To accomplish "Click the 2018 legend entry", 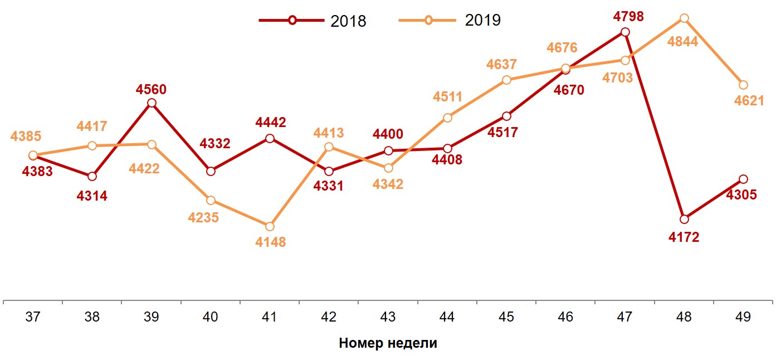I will (313, 21).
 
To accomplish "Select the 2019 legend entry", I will (450, 21).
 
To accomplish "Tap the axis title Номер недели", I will (388, 343).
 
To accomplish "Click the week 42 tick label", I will (329, 317).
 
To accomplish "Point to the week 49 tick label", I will (743, 317).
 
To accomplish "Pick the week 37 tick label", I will (33, 317).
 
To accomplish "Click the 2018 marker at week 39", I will (152, 103).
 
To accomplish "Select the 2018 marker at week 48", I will (684, 219).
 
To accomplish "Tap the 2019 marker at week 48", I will (684, 18).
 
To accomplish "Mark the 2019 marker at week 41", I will (270, 226).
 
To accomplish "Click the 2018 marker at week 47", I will (625, 32).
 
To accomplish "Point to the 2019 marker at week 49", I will (743, 85).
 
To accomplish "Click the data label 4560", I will (152, 89).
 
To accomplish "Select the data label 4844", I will (683, 41).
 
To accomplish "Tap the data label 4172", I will (684, 237).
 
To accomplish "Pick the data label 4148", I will (270, 242).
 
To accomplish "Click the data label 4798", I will (628, 17).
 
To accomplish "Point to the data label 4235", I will (204, 217).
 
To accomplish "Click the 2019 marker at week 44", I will (447, 118).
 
